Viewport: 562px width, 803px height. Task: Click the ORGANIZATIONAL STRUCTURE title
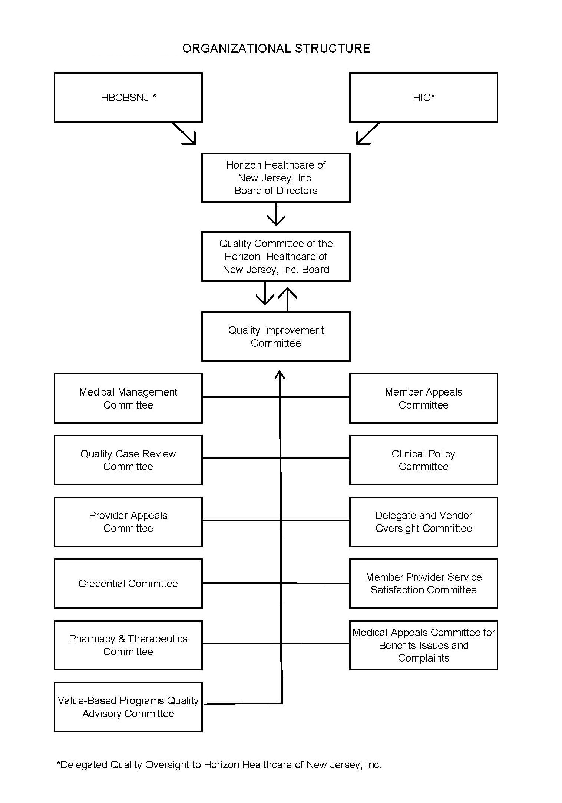[x=276, y=49]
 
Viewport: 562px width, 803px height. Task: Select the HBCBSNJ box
[x=128, y=97]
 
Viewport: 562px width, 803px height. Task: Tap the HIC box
[x=423, y=97]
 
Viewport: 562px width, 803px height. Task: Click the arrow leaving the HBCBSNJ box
[x=184, y=134]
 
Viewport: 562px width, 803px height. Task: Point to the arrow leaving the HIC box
[x=367, y=134]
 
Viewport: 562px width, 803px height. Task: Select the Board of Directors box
[x=276, y=178]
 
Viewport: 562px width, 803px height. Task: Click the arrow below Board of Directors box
[x=276, y=214]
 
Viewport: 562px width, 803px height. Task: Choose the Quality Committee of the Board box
[x=276, y=256]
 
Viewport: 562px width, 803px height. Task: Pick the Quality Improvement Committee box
[x=276, y=336]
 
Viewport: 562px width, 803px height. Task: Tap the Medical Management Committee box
[x=128, y=398]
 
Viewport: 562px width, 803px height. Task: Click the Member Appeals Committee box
[x=423, y=398]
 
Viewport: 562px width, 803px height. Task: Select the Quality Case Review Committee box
[x=128, y=460]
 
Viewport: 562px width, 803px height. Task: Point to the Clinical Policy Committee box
[x=423, y=460]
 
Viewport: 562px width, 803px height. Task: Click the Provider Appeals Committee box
[x=128, y=522]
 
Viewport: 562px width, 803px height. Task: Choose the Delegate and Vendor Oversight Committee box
[x=423, y=522]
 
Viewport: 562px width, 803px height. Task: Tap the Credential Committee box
[x=128, y=583]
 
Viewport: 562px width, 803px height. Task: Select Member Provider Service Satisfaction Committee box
[x=423, y=583]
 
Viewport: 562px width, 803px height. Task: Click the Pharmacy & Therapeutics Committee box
[x=128, y=645]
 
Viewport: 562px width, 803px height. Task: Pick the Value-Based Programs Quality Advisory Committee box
[x=128, y=707]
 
